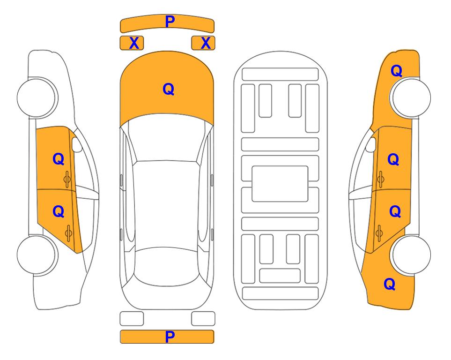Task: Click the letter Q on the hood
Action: click(x=168, y=89)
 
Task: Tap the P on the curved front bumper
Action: click(x=170, y=22)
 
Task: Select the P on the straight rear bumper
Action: click(x=170, y=337)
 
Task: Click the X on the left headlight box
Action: click(x=134, y=43)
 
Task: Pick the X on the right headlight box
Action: click(x=206, y=43)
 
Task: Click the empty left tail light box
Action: click(x=132, y=319)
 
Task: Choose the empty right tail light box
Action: click(x=203, y=319)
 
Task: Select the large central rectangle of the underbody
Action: click(x=280, y=184)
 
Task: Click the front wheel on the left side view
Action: click(x=37, y=97)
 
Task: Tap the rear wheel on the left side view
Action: click(x=37, y=255)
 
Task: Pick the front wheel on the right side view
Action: click(x=411, y=97)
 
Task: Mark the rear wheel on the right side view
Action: click(x=411, y=255)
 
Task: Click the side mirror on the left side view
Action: click(x=76, y=145)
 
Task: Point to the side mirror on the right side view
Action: click(x=371, y=145)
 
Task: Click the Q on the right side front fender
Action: click(x=396, y=71)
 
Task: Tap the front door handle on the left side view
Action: click(x=67, y=179)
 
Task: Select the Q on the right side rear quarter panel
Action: click(x=390, y=284)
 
